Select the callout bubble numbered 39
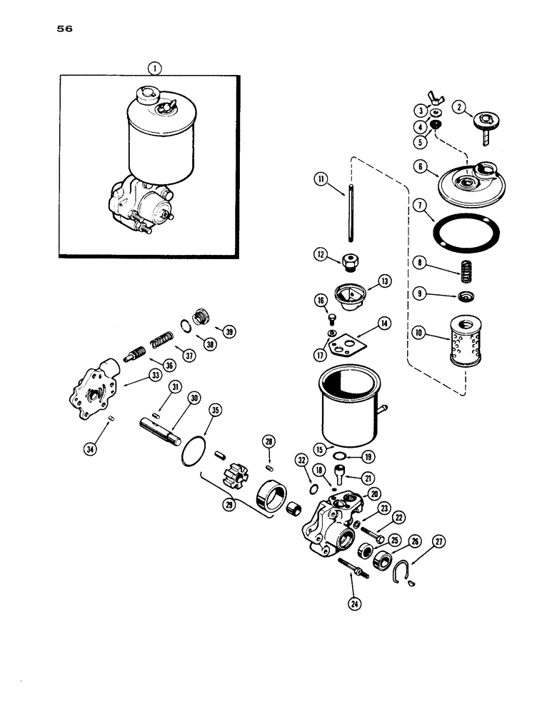(x=229, y=331)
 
